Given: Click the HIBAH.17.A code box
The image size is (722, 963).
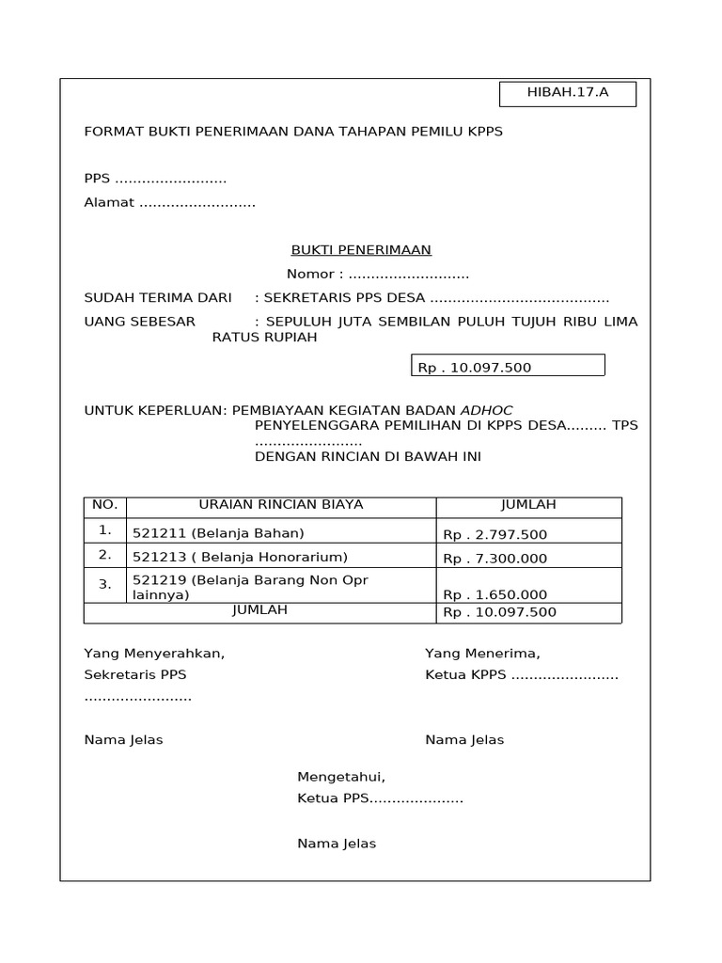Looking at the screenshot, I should (x=567, y=93).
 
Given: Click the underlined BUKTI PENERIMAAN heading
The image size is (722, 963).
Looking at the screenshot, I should (x=360, y=249).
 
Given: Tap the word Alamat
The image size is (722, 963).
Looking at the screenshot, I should (x=109, y=202).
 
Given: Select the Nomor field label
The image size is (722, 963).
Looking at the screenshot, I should (x=315, y=274).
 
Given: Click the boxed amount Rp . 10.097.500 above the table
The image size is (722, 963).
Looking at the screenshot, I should (x=508, y=366).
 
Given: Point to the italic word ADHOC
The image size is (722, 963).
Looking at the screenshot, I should (x=486, y=410).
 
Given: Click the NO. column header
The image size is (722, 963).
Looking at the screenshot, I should (x=104, y=505).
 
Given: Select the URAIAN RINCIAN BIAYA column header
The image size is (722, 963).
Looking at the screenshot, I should (x=281, y=505).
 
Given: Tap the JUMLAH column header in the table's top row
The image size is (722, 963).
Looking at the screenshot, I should (x=528, y=505).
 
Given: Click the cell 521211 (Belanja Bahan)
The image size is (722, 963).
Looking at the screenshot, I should (x=218, y=533).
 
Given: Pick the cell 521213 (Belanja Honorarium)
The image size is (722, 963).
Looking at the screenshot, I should (x=240, y=557).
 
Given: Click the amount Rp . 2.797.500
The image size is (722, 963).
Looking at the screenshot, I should (x=495, y=534).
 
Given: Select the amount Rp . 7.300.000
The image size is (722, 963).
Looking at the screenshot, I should (x=495, y=558).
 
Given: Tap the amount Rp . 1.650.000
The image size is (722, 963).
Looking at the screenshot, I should (x=495, y=594).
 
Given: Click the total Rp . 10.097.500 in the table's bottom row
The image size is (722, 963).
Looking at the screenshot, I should (x=500, y=612).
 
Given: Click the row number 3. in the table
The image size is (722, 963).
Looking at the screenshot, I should (x=104, y=584).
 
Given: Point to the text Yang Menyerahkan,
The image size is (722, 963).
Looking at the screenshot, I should (x=154, y=654).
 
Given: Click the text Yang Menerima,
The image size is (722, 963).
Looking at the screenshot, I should (x=482, y=654).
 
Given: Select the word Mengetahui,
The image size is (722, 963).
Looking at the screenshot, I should (x=341, y=777).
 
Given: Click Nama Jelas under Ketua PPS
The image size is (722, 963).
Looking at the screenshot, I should (x=337, y=844).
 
